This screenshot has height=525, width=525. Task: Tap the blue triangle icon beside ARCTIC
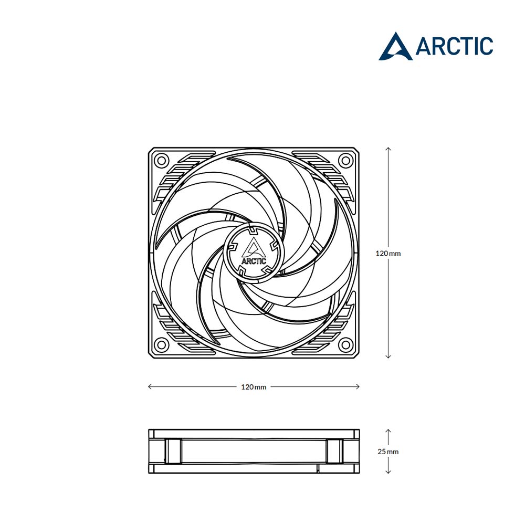(396, 47)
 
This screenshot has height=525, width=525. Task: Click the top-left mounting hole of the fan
(161, 160)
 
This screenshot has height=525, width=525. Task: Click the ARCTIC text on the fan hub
(254, 261)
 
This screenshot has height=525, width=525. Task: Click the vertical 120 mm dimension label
(388, 254)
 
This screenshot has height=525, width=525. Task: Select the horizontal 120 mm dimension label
(254, 387)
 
